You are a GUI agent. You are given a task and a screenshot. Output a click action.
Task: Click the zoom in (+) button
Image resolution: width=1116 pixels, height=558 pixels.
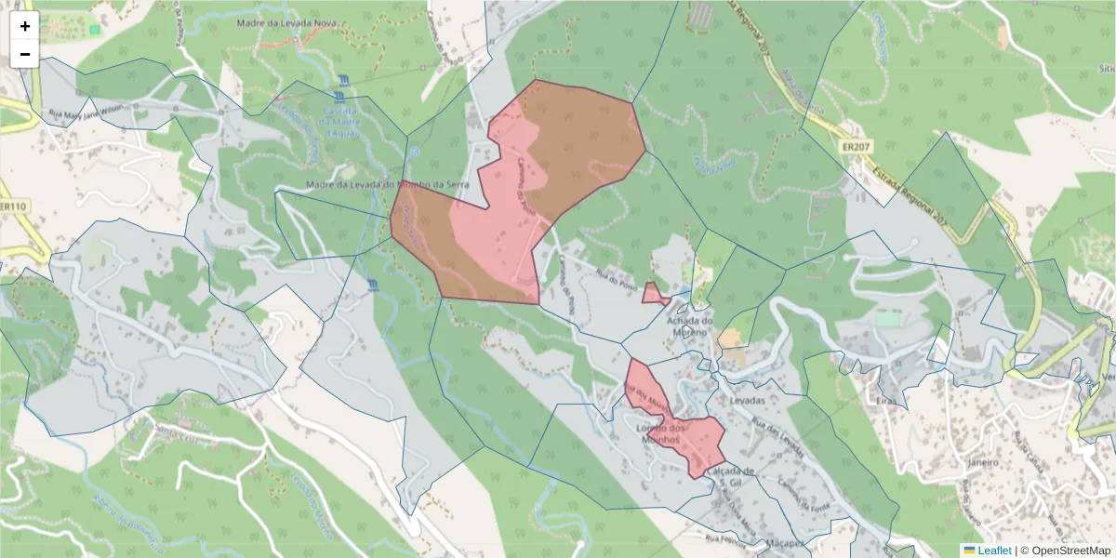pyautogui.click(x=25, y=26)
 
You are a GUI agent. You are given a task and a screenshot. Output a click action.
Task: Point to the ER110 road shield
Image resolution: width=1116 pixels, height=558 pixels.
pyautogui.click(x=12, y=206)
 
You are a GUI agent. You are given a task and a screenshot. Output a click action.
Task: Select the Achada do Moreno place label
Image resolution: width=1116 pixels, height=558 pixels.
pyautogui.click(x=690, y=326)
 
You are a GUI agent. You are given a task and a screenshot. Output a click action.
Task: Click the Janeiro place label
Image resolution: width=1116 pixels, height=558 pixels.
pyautogui.click(x=982, y=462)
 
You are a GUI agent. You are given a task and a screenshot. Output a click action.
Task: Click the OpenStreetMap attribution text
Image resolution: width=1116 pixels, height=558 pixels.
pyautogui.click(x=1069, y=551)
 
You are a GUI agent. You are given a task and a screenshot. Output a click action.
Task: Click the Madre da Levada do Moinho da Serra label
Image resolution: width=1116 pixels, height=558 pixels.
pyautogui.click(x=387, y=185)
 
